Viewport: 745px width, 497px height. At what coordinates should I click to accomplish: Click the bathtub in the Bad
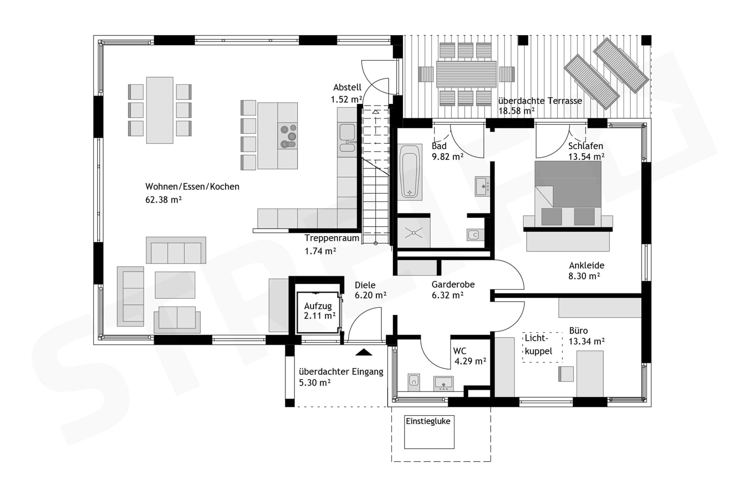410,172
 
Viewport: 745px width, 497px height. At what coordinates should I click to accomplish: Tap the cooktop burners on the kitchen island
288,136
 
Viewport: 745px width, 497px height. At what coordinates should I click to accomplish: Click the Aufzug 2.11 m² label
319,311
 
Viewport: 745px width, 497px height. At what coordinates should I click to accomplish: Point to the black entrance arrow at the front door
363,352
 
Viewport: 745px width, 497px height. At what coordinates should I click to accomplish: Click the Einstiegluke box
429,432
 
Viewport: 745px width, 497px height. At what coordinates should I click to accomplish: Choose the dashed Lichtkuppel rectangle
542,347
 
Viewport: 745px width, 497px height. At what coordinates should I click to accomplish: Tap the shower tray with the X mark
414,233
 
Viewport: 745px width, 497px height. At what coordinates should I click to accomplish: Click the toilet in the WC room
414,382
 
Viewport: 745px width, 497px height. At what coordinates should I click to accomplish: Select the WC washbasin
444,383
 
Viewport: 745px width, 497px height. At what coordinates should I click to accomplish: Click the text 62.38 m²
163,200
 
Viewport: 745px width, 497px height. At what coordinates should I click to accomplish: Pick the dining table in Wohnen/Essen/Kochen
160,110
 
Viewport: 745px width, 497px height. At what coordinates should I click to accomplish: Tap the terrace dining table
466,74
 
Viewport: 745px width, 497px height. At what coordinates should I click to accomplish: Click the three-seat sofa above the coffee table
176,250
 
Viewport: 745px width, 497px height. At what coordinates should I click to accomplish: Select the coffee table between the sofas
175,285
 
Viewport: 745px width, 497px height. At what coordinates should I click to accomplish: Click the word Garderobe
453,284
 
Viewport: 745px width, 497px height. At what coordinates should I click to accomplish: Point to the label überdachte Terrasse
540,101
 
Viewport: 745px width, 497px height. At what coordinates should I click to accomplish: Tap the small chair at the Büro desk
566,374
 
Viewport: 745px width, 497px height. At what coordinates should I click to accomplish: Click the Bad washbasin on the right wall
483,186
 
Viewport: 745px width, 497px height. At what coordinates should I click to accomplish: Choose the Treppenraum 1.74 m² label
331,244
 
